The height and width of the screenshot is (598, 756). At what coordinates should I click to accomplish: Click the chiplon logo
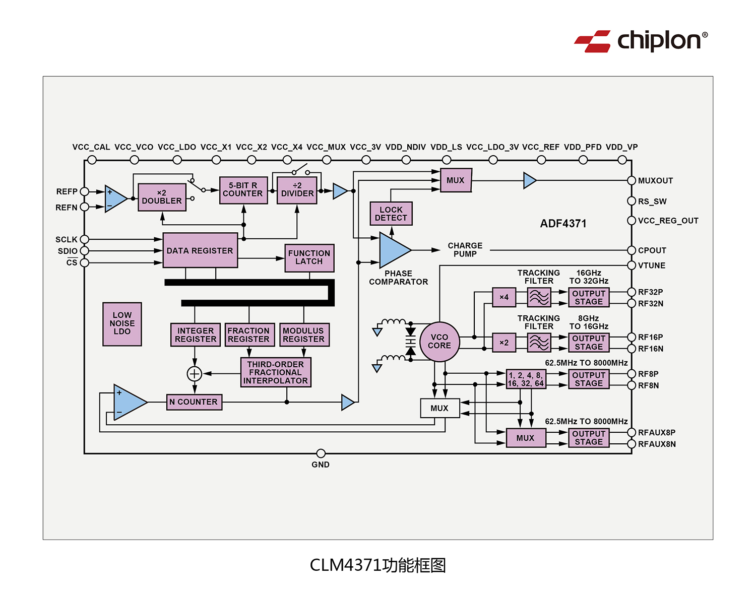(641, 41)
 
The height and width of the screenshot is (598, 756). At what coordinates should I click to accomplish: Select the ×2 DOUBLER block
(162, 197)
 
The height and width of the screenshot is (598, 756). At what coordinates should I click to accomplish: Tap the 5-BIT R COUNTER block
(243, 190)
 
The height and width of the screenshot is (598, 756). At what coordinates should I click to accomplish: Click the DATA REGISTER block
(200, 250)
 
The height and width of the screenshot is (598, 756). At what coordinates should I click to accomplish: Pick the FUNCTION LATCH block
(309, 257)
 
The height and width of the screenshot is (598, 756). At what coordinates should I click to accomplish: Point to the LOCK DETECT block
(391, 214)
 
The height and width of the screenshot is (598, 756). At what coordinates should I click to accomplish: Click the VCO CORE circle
(439, 342)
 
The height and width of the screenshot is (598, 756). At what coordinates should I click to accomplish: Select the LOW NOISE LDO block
(122, 324)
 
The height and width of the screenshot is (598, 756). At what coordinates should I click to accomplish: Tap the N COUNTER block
(194, 402)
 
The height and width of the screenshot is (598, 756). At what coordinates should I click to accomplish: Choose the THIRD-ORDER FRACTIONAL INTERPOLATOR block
(275, 372)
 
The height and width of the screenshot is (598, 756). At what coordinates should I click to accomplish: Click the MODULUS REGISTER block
(303, 335)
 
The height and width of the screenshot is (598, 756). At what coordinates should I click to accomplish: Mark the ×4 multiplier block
(504, 297)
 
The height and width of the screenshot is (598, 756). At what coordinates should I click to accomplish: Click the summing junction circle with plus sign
(195, 374)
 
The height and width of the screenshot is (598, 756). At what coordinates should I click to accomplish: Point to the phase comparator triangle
(394, 250)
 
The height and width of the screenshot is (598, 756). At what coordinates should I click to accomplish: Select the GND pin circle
(321, 453)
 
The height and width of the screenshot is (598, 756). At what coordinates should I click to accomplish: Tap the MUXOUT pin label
(655, 181)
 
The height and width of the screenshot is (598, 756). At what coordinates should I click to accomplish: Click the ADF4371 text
(563, 224)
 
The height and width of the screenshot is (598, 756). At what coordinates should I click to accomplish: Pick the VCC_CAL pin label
(91, 147)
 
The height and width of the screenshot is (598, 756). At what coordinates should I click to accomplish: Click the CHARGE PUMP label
(465, 250)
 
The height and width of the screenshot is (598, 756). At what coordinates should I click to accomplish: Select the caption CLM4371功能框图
(377, 565)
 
